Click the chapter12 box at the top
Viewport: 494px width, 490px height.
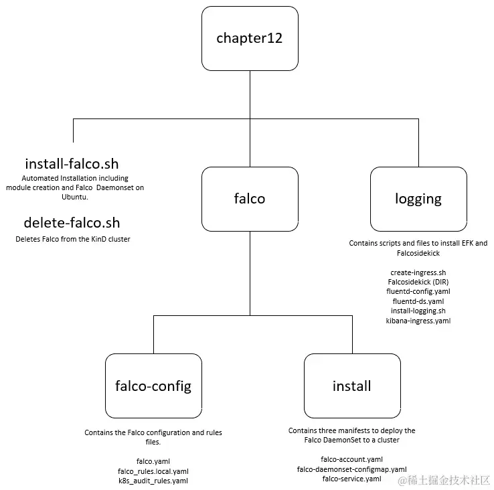[x=250, y=38]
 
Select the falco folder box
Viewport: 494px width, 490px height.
[x=250, y=199]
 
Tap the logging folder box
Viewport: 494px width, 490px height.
[x=418, y=199]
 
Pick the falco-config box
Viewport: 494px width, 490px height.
[x=153, y=386]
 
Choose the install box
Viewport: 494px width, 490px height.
[x=352, y=386]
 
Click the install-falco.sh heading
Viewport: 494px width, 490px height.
[x=72, y=164]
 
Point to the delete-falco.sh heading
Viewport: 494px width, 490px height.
[x=72, y=223]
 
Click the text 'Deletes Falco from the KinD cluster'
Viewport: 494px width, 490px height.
[x=73, y=239]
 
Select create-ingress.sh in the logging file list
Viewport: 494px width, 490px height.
[x=418, y=273]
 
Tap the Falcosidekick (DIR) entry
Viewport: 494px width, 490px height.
[x=418, y=282]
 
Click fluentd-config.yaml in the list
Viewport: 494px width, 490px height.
[x=418, y=292]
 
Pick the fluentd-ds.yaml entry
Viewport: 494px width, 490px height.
[x=418, y=301]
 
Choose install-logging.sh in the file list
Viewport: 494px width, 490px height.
[x=418, y=311]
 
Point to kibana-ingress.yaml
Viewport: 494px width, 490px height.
[x=418, y=321]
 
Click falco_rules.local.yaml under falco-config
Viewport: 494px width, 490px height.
[x=153, y=471]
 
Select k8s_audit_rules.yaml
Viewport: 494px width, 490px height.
[x=153, y=481]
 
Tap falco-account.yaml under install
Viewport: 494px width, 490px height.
[x=352, y=460]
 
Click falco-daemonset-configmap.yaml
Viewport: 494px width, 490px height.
[x=352, y=469]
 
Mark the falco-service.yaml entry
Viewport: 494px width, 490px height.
[x=352, y=479]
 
